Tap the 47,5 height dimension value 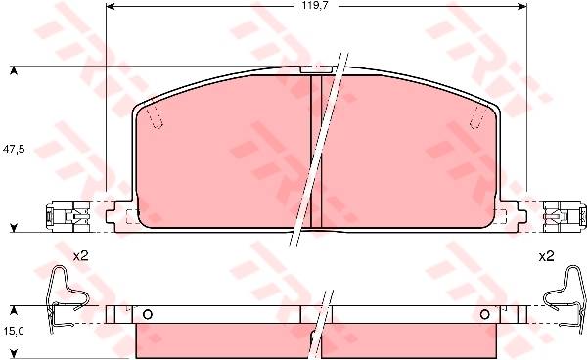pyautogui.click(x=14, y=149)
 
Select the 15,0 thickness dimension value pyautogui.click(x=14, y=331)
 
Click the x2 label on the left pyautogui.click(x=80, y=256)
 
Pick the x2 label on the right pyautogui.click(x=546, y=256)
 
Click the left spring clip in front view pyautogui.click(x=68, y=216)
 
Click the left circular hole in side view pyautogui.click(x=148, y=315)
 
